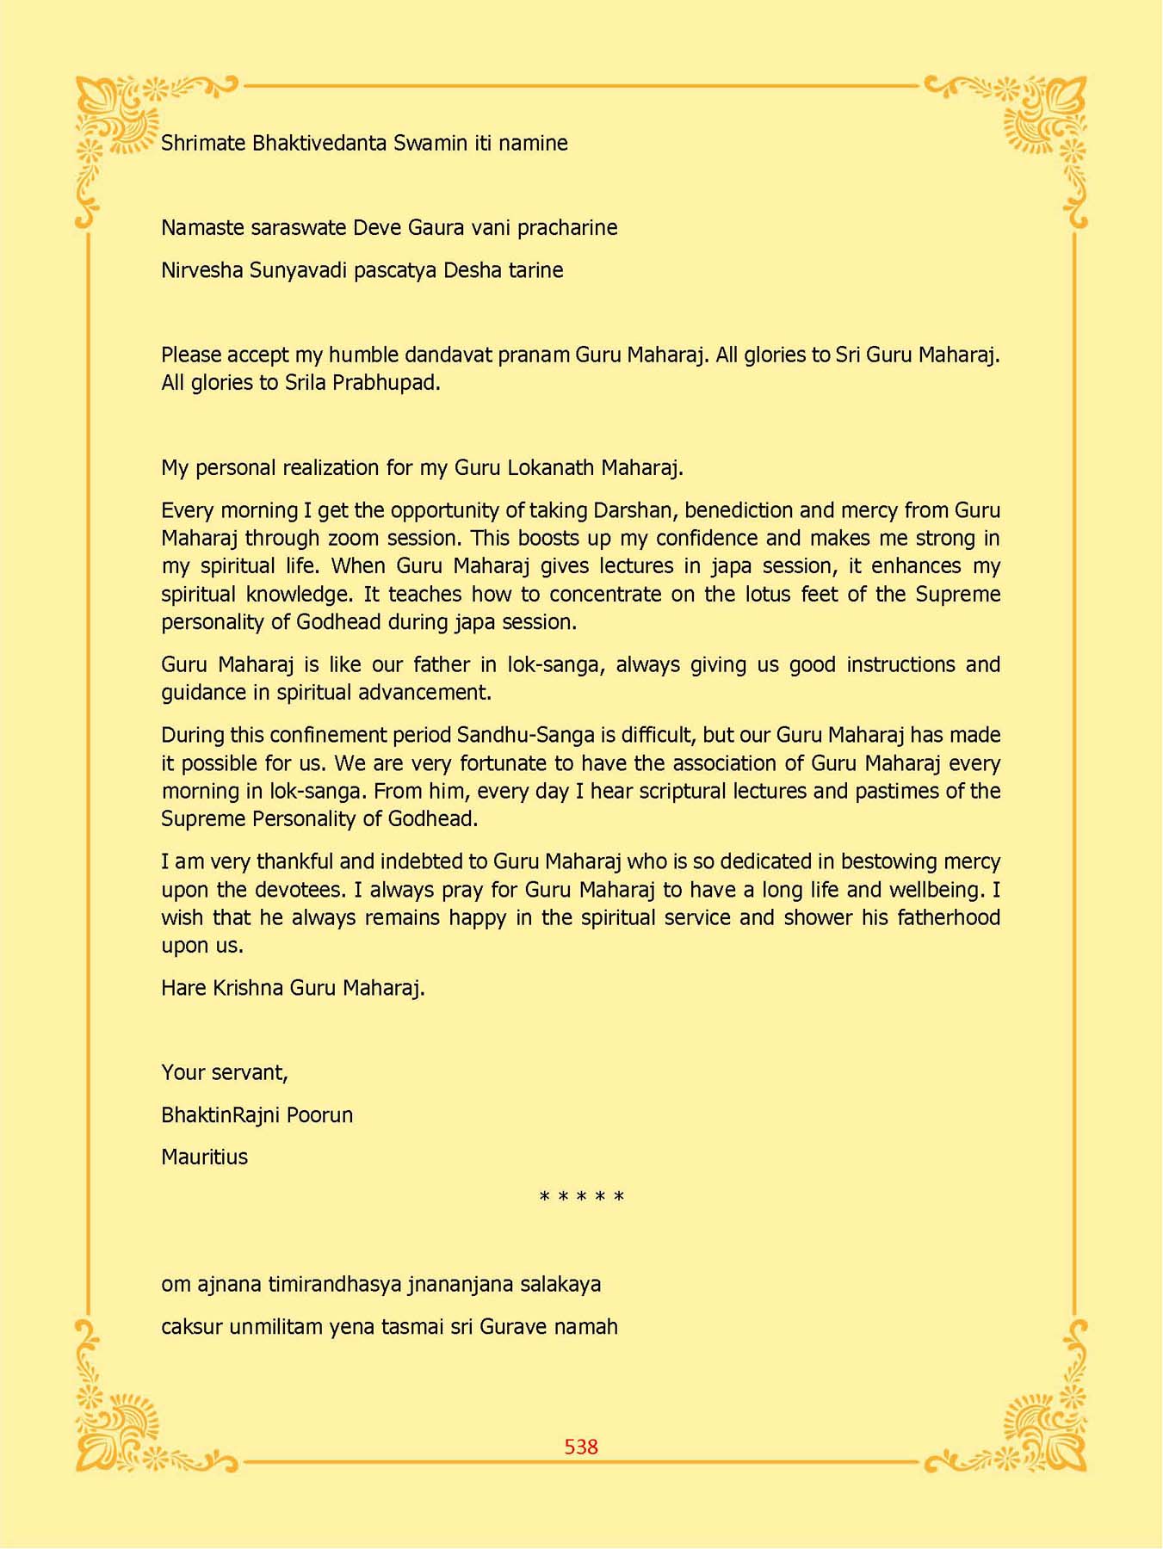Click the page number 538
tap(581, 1447)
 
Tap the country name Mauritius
tap(204, 1157)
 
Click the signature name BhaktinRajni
tap(220, 1115)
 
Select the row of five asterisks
tap(581, 1197)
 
